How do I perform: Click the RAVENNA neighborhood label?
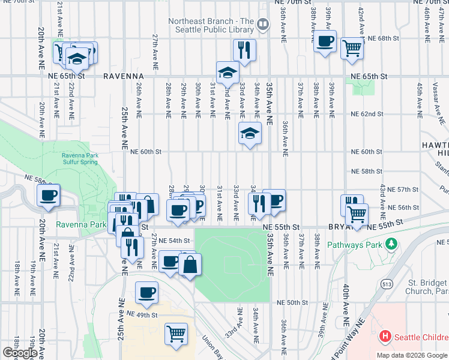[x=122, y=77]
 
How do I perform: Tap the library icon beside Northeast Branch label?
[x=262, y=25]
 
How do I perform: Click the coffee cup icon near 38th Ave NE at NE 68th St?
[x=325, y=41]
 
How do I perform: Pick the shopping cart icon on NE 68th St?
[x=352, y=47]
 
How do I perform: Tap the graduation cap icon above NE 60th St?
[x=250, y=133]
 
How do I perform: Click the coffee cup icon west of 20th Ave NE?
[x=48, y=195]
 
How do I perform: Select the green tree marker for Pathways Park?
[x=391, y=244]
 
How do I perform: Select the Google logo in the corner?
[x=19, y=353]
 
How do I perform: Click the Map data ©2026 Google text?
[x=412, y=355]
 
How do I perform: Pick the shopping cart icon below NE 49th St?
[x=176, y=333]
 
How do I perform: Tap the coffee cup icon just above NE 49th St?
[x=146, y=292]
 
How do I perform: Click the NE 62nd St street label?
[x=366, y=113]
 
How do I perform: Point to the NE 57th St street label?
[x=402, y=189]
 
